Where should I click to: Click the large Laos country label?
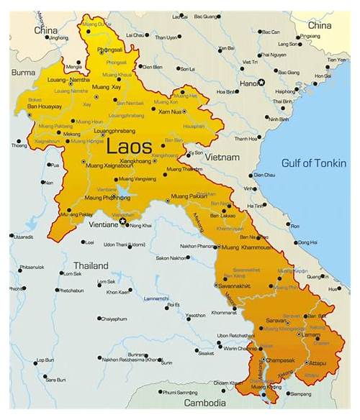[x=129, y=147]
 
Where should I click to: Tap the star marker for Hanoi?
[x=262, y=82]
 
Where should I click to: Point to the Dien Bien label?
[x=153, y=67]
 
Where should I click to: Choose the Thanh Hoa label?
[x=246, y=139]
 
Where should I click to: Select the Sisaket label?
[x=205, y=353]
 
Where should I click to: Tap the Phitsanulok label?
[x=32, y=267]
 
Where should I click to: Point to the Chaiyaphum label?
[x=114, y=318]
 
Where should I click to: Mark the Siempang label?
[x=300, y=393]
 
